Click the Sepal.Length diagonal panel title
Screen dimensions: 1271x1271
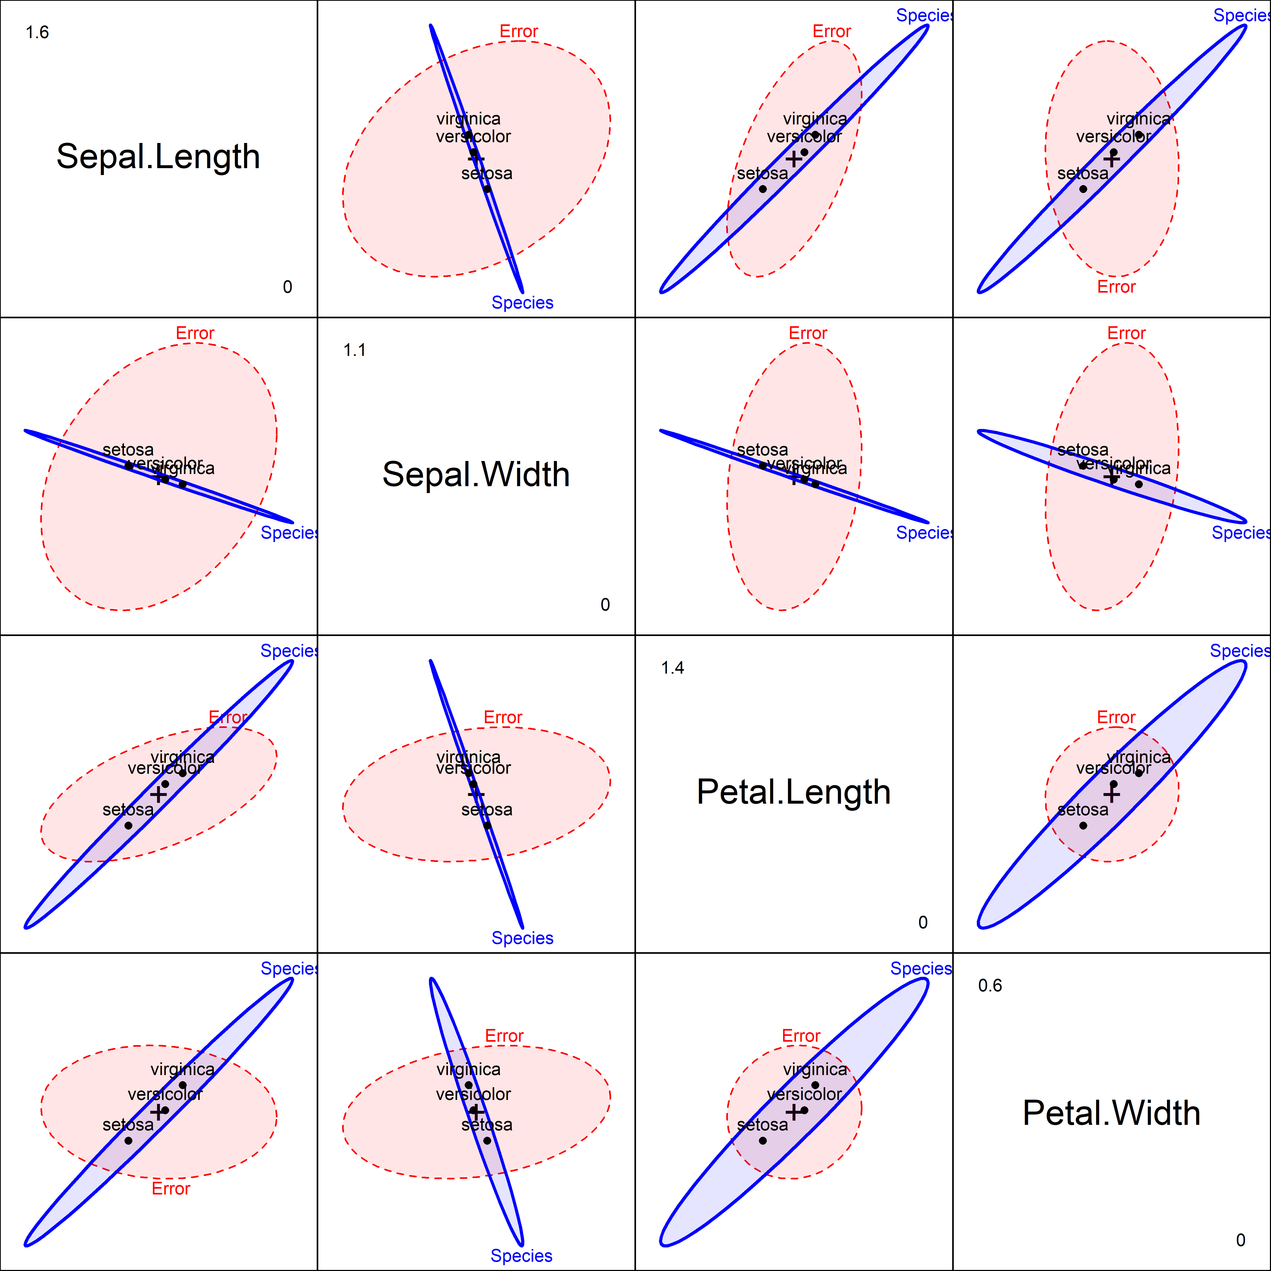(x=158, y=156)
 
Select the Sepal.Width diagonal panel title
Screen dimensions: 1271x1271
(x=476, y=474)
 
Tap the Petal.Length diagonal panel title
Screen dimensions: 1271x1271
(x=793, y=792)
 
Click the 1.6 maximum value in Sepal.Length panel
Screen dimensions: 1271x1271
(x=37, y=32)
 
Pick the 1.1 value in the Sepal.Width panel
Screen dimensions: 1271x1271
(x=355, y=350)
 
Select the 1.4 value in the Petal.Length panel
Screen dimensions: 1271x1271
(x=672, y=668)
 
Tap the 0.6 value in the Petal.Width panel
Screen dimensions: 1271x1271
(x=990, y=986)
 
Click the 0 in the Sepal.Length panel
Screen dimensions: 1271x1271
(x=288, y=287)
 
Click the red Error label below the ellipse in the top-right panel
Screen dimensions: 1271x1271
(x=1116, y=287)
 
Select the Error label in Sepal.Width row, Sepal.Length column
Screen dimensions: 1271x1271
(x=195, y=334)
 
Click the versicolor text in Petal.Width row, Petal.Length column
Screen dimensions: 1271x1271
(x=804, y=1094)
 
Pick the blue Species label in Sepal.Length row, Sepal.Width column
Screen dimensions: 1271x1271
(x=522, y=303)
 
